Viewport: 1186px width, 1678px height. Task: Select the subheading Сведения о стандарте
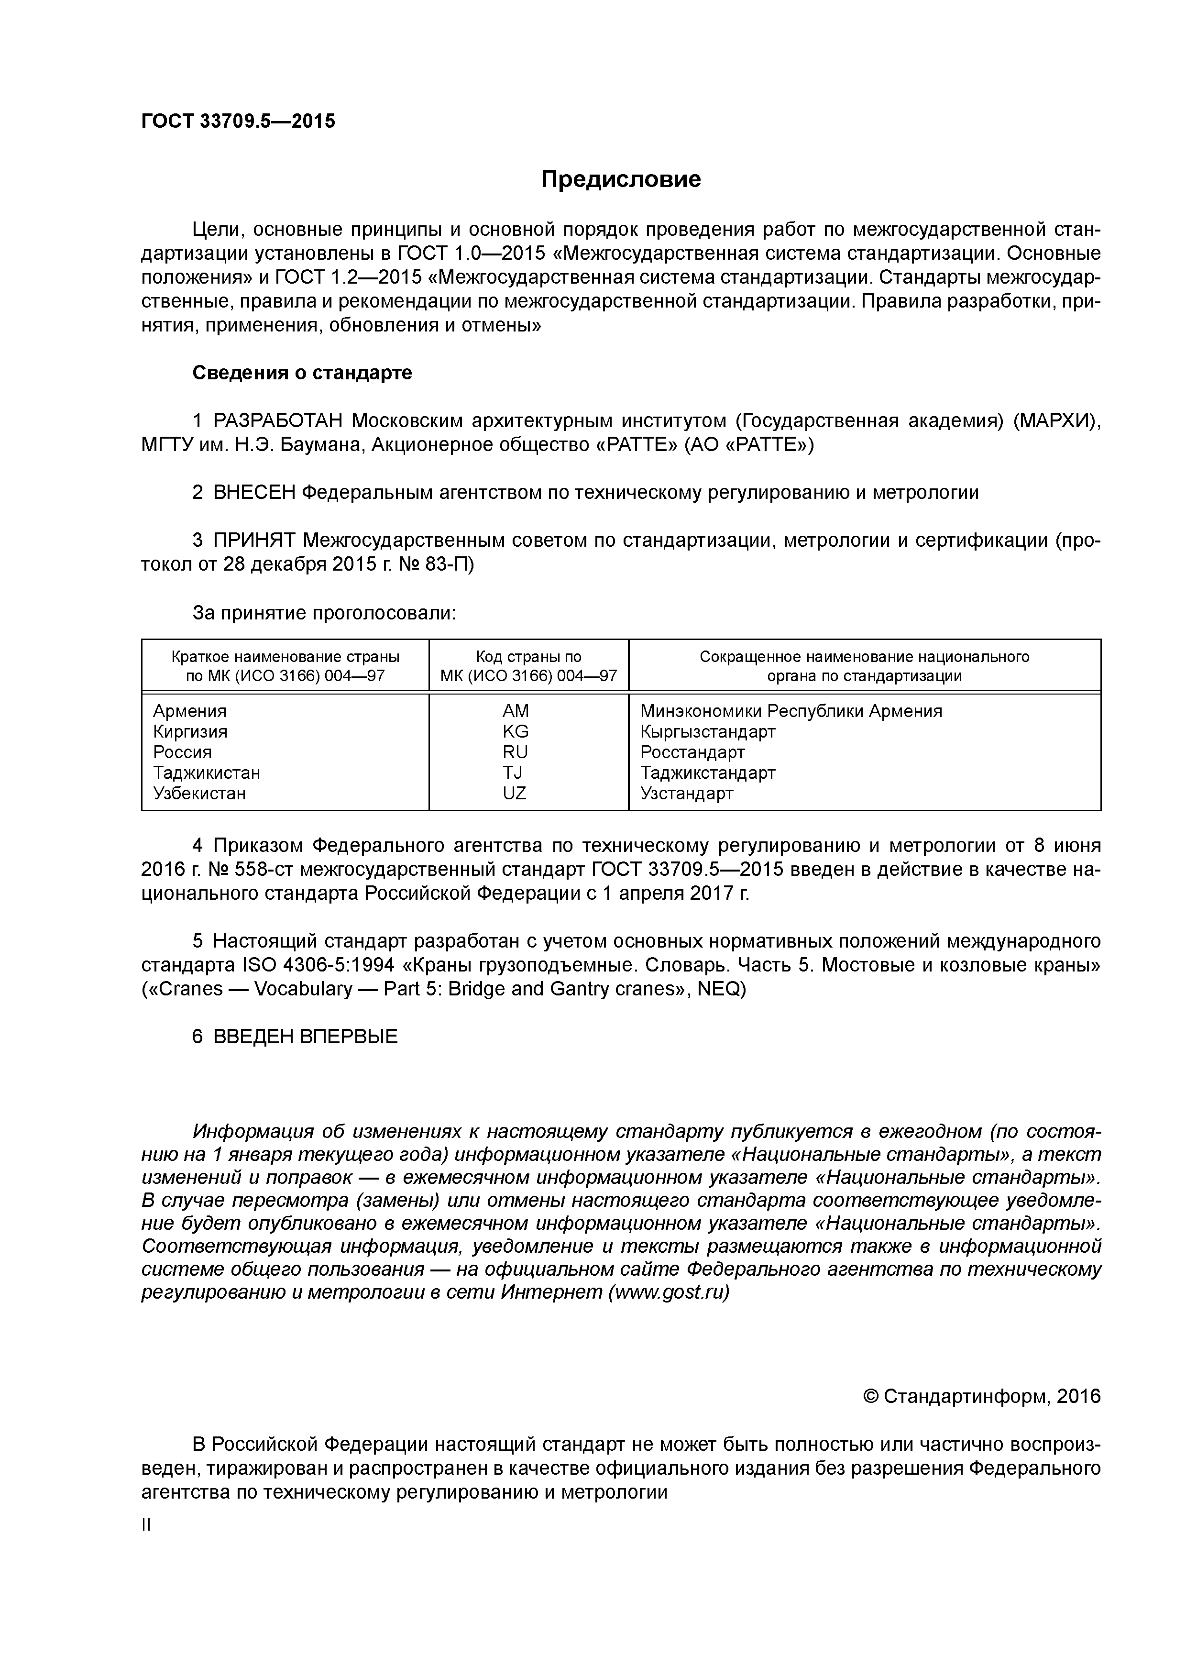pyautogui.click(x=302, y=373)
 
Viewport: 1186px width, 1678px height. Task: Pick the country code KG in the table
pyautogui.click(x=515, y=731)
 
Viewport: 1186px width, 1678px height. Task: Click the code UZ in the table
pyautogui.click(x=515, y=793)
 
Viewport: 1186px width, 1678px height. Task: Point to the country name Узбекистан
pyautogui.click(x=199, y=793)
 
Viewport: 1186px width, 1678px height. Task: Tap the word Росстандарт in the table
pyautogui.click(x=692, y=752)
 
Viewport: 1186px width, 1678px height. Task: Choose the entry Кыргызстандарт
pyautogui.click(x=707, y=731)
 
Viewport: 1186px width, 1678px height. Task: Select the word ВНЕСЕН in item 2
pyautogui.click(x=253, y=493)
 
